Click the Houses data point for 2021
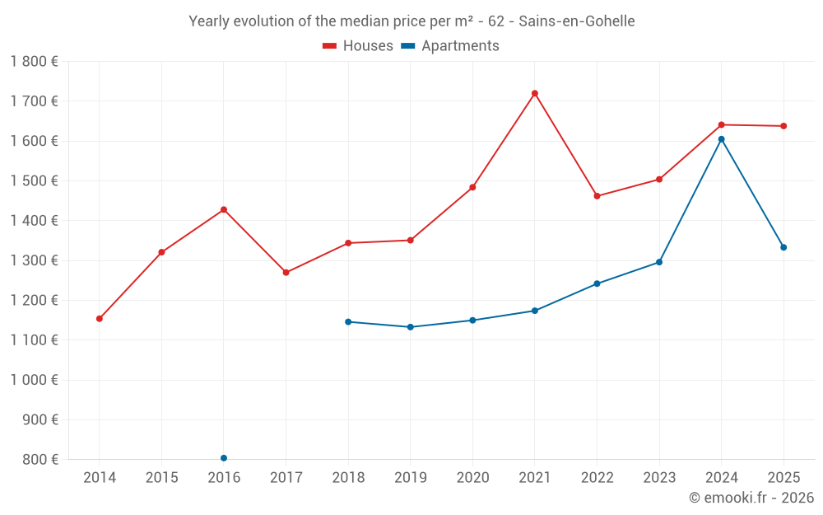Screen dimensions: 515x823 535,93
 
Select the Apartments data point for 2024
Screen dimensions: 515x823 722,139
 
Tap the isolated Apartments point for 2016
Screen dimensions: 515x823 224,458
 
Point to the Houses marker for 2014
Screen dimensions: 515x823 100,319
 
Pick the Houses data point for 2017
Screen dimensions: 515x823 286,273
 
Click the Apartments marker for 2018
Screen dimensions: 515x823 348,321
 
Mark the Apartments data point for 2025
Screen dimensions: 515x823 783,247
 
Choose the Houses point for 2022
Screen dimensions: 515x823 597,196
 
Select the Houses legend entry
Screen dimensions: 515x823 358,46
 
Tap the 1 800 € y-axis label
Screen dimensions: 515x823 35,61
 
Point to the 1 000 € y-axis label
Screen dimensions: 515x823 35,380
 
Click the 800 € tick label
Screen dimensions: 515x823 39,459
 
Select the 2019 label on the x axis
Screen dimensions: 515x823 410,477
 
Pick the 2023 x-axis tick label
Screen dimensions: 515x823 659,477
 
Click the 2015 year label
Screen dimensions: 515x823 161,477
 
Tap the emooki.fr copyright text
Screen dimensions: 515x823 751,498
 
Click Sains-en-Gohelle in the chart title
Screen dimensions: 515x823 577,21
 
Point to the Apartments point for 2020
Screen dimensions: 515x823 472,321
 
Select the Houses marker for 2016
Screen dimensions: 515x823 224,209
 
